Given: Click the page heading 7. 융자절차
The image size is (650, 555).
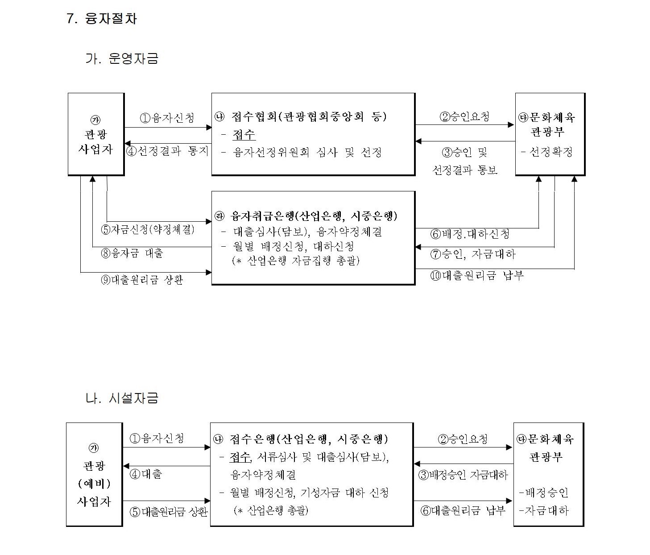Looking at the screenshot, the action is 102,19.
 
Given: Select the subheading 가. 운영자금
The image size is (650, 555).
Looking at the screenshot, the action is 122,58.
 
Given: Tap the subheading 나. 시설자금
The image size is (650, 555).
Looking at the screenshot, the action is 122,398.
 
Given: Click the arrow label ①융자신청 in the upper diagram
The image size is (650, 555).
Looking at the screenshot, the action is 167,118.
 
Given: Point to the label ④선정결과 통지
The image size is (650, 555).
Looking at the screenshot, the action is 167,151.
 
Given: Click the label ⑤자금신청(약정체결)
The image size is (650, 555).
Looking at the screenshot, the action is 148,229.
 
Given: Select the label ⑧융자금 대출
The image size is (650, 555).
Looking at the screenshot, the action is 132,253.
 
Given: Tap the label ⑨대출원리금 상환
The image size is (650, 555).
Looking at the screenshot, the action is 142,280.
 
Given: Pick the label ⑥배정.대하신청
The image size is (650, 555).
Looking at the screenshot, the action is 470,234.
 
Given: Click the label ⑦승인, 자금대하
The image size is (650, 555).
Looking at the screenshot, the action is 473,254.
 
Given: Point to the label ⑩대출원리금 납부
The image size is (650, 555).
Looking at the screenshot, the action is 477,275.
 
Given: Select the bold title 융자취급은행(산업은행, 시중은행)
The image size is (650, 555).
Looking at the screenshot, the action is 314,216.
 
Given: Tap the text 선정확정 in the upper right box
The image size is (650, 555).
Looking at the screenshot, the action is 551,152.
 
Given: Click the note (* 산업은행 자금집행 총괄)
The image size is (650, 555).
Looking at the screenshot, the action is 296,261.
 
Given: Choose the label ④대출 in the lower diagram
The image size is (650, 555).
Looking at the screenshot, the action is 146,474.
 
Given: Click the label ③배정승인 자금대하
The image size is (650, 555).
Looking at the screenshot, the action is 463,475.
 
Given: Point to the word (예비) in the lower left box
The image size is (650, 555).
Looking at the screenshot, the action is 94,483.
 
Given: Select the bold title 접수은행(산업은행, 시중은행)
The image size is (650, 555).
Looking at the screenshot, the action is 309,439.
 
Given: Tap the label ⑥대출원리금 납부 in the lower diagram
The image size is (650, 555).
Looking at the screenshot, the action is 463,510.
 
